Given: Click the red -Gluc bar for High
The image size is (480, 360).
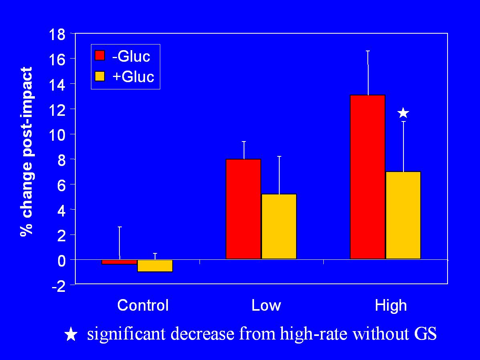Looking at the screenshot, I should pos(367,176).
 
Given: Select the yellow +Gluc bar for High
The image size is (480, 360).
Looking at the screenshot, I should pos(403,215).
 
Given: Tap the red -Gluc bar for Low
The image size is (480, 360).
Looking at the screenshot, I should pos(243,208).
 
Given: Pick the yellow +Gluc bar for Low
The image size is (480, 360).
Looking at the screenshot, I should pos(279,226).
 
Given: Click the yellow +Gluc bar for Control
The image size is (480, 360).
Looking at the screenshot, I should pos(155,266).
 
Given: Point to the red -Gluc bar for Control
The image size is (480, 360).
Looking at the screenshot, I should pos(119,262).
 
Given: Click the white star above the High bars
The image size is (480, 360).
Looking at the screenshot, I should pos(403,113).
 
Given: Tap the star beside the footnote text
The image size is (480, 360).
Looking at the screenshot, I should pos(71,334).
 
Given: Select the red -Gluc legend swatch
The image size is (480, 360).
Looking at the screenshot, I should pos(99,55).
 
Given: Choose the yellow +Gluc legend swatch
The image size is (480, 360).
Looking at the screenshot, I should pos(99,76).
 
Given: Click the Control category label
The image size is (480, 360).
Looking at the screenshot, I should pos(143,306).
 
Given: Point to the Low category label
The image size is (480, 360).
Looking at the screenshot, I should pos(266,306).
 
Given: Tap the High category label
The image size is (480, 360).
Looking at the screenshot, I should pos(391,306).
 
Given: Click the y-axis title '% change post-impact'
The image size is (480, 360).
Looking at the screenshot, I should pos(26,152).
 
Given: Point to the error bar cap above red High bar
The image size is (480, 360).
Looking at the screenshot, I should pos(367,51).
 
